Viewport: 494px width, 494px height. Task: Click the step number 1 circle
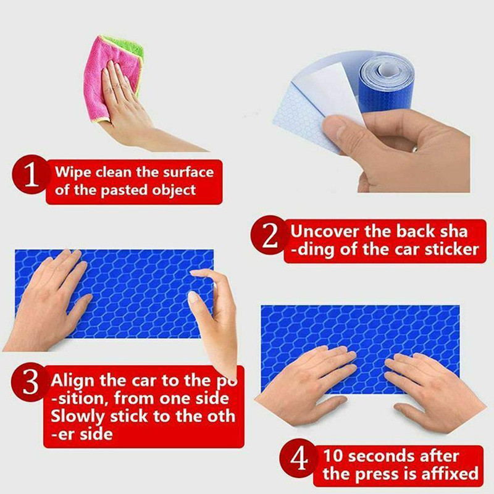coord(31,174)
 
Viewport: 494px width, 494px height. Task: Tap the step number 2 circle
coord(270,235)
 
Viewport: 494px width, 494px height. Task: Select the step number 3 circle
coord(30,382)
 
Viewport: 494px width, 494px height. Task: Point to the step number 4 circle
coord(299,458)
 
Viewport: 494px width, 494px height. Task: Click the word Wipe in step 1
coord(73,172)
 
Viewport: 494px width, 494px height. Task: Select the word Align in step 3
coord(73,381)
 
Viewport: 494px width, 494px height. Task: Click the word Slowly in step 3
coord(77,416)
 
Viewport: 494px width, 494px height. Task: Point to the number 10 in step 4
coord(333,456)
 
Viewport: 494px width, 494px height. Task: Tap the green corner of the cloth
coord(127,48)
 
